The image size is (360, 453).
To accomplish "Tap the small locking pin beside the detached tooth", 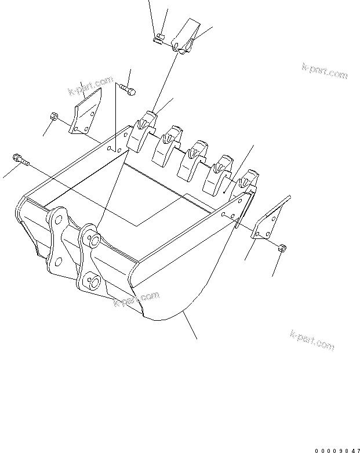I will pos(159,39).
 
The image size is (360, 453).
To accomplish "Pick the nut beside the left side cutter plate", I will pos(53,117).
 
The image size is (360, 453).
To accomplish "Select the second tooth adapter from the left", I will pos(168,144).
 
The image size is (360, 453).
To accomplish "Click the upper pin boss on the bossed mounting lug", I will pos(93,238).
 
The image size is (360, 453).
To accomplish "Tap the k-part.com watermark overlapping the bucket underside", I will pos(136,300).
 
